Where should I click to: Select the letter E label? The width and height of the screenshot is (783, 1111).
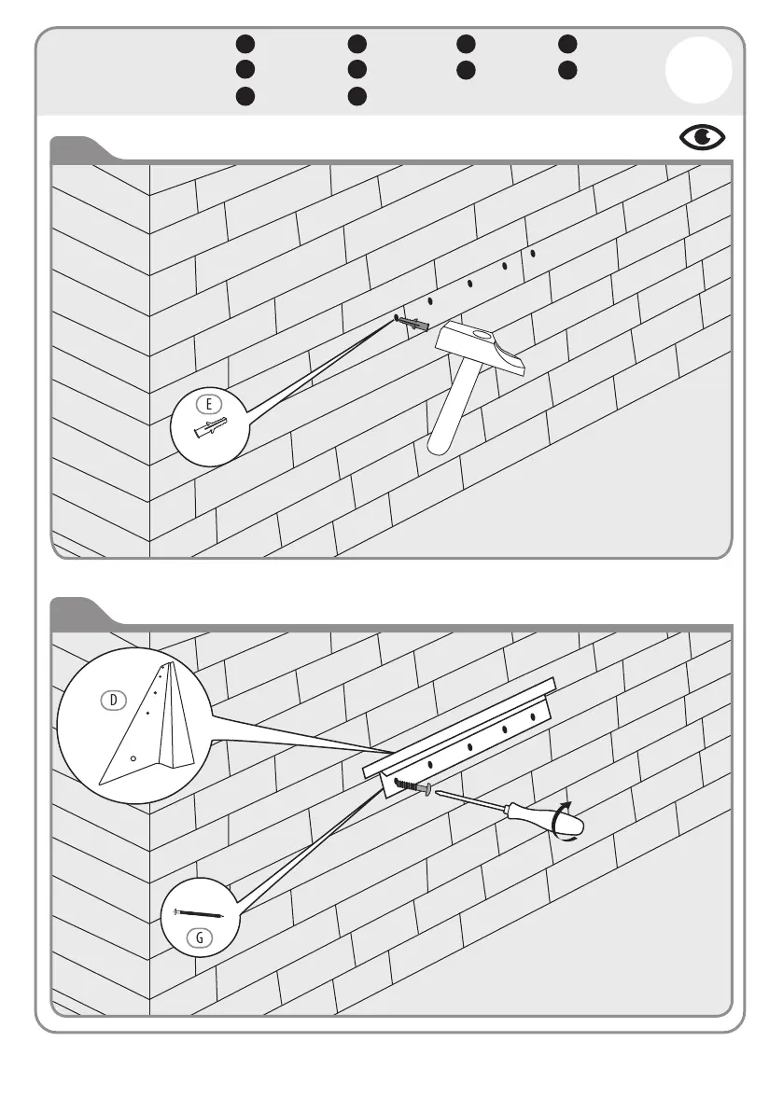pos(210,404)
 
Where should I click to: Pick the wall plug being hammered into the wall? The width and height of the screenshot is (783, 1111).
pos(413,325)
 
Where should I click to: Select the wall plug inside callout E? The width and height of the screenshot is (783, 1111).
pos(212,429)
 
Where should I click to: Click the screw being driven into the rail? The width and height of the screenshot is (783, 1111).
pos(412,787)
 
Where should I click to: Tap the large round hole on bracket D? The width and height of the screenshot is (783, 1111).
pos(133,758)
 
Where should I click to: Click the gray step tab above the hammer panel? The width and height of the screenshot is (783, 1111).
pos(82,148)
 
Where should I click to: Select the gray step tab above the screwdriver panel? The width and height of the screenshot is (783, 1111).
pos(82,612)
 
